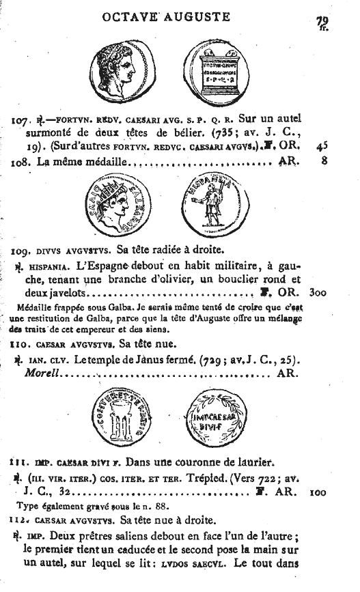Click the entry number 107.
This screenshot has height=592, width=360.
tap(21, 121)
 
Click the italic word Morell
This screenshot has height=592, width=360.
tap(41, 373)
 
